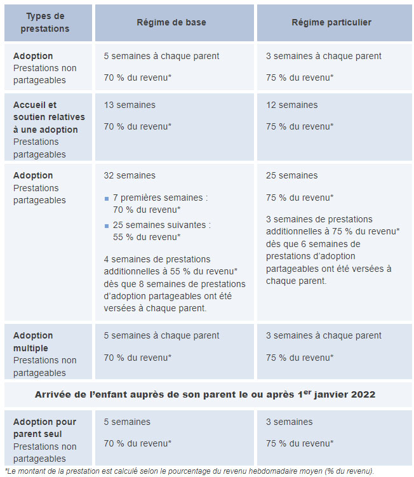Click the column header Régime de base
point(171,22)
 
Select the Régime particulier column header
point(331,22)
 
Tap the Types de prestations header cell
point(44,22)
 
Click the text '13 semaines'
point(130,105)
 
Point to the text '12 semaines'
point(291,105)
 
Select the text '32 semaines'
point(130,175)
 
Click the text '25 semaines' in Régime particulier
point(291,175)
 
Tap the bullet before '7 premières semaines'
point(107,198)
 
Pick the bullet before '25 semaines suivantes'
point(107,225)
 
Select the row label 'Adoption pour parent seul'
point(44,428)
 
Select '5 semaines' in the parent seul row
point(127,422)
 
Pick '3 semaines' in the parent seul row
point(289,422)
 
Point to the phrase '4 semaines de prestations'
point(157,259)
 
